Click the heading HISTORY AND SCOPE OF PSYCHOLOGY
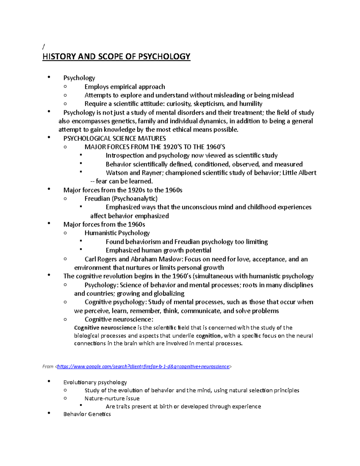click(116, 57)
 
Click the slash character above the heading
click(43, 47)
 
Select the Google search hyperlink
click(143, 366)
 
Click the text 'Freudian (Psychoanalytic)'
click(121, 199)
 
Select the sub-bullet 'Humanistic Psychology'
click(117, 233)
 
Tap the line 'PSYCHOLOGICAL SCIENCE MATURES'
click(115, 138)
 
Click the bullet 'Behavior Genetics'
click(87, 414)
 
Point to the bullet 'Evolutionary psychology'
click(95, 382)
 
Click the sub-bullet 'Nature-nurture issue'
click(112, 398)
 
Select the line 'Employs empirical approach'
click(125, 87)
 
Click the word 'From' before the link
click(48, 366)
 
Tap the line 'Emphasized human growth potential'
click(158, 250)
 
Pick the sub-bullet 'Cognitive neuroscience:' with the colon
click(119, 319)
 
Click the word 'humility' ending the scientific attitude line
click(251, 104)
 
